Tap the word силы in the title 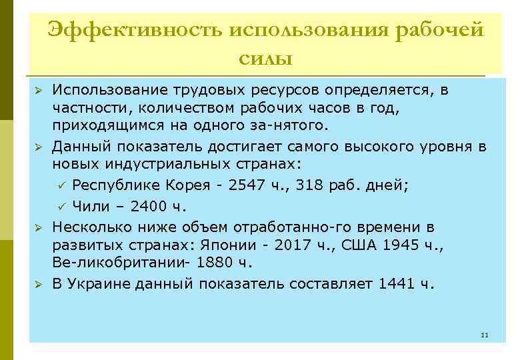pyautogui.click(x=265, y=59)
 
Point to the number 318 pyautogui.click(x=317, y=185)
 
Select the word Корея pyautogui.click(x=191, y=185)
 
